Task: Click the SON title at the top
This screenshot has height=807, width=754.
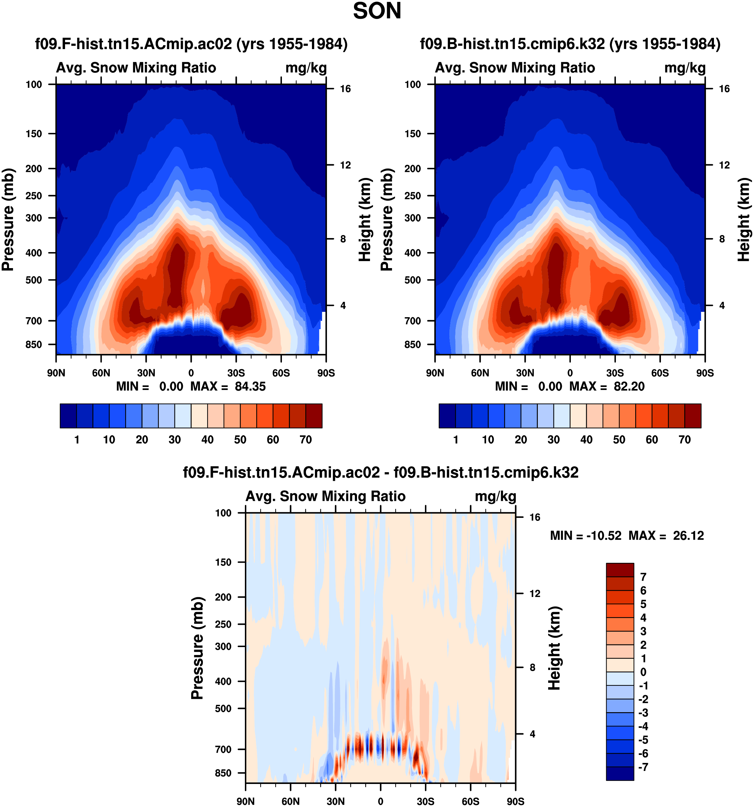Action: coord(377,11)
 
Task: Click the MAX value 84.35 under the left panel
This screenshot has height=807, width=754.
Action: coord(250,386)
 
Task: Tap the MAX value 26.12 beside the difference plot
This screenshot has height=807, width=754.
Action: coord(688,536)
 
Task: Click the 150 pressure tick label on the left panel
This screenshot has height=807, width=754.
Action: coord(34,134)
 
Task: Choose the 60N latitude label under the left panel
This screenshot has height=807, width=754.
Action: coord(101,373)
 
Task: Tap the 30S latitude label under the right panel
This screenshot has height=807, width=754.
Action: coord(615,373)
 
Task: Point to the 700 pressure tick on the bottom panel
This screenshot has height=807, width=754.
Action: coord(224,749)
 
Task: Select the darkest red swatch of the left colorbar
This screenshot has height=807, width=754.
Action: coord(314,416)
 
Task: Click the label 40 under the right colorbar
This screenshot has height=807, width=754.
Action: coord(586,440)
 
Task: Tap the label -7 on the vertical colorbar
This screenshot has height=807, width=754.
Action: coord(643,767)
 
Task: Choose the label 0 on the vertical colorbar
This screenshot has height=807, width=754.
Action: coord(643,672)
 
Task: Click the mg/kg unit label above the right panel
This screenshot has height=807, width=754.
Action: coord(685,68)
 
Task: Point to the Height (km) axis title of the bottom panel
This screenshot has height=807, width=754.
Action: coord(554,648)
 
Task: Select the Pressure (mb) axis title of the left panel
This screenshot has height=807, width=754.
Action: coord(8,220)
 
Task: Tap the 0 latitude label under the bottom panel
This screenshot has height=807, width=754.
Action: coord(380,802)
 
